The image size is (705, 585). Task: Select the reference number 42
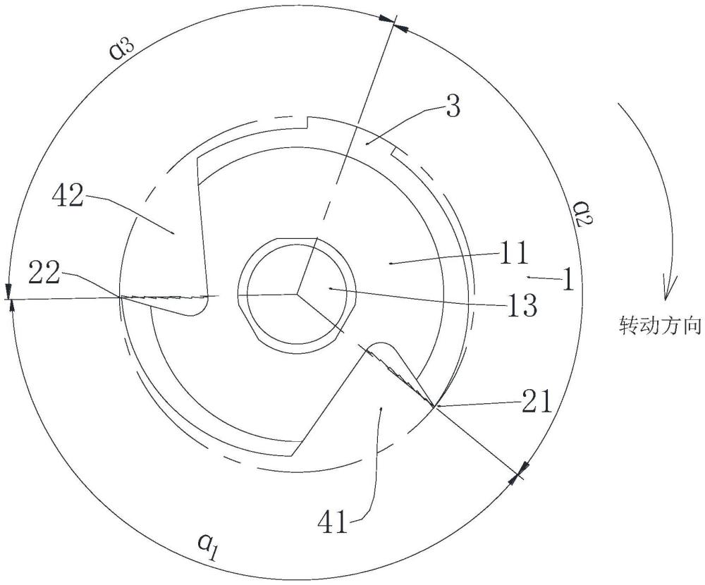68,196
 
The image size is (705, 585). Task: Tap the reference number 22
44,273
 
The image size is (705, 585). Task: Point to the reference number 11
514,254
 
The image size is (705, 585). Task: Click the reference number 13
522,306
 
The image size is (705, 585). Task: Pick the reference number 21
536,402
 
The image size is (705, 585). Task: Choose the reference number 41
333,522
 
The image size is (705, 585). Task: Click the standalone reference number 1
568,279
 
